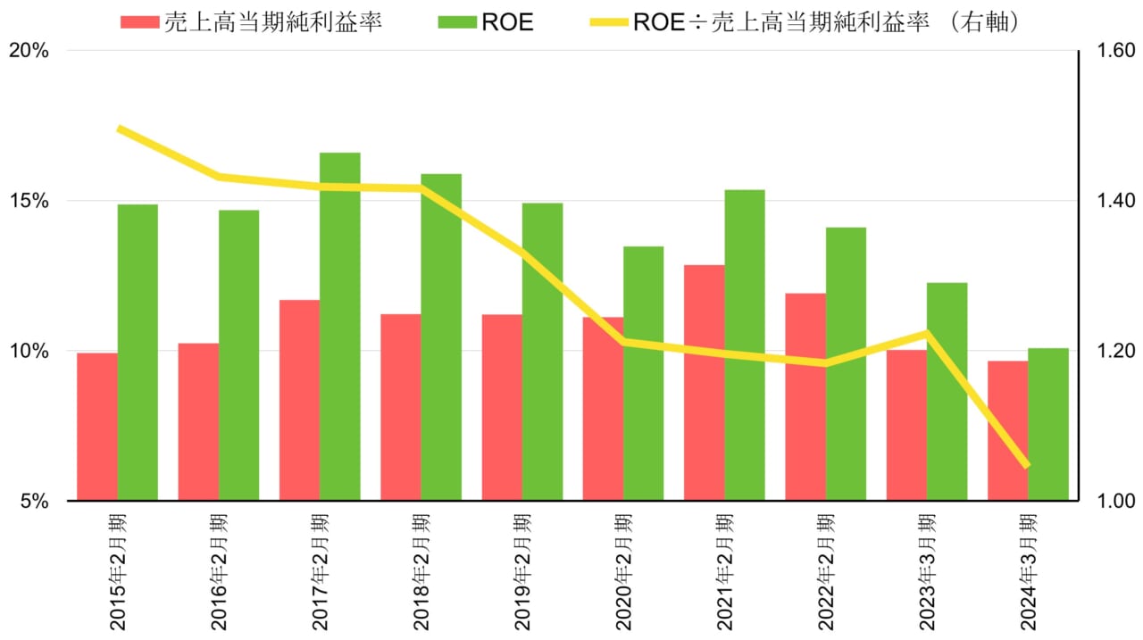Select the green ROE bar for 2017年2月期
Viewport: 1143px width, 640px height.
pyautogui.click(x=340, y=326)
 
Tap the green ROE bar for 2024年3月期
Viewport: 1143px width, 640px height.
pyautogui.click(x=1048, y=424)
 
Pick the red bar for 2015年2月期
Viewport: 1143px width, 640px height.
pyautogui.click(x=96, y=427)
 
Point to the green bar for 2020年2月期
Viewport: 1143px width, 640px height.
pyautogui.click(x=643, y=373)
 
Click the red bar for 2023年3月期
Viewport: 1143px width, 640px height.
pyautogui.click(x=906, y=425)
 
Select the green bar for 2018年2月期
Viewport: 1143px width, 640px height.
pyautogui.click(x=441, y=337)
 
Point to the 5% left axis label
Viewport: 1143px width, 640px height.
pyautogui.click(x=36, y=501)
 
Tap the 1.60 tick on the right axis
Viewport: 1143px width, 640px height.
pyautogui.click(x=1111, y=51)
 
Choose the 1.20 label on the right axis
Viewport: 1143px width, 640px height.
pyautogui.click(x=1111, y=351)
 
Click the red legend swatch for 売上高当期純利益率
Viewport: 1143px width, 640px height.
pyautogui.click(x=140, y=22)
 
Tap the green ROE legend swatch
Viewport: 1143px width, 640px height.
pyautogui.click(x=457, y=22)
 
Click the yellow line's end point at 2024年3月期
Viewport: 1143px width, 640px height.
pyautogui.click(x=1027, y=465)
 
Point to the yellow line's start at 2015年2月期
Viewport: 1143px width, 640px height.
pyautogui.click(x=119, y=129)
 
